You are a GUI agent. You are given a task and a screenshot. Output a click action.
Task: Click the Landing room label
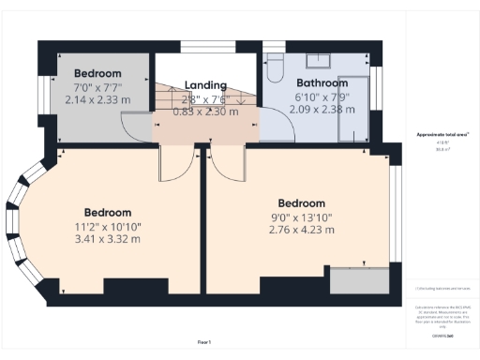205,84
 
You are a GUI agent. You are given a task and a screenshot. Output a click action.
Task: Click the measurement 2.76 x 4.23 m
302,230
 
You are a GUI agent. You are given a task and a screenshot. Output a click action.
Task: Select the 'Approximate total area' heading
437,135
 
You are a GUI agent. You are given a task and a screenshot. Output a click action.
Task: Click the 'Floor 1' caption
204,342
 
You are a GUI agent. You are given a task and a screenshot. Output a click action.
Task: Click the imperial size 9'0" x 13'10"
302,217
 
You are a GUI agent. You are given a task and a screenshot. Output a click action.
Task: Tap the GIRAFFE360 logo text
437,335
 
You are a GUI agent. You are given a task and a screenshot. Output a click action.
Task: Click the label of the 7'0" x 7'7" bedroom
98,73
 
